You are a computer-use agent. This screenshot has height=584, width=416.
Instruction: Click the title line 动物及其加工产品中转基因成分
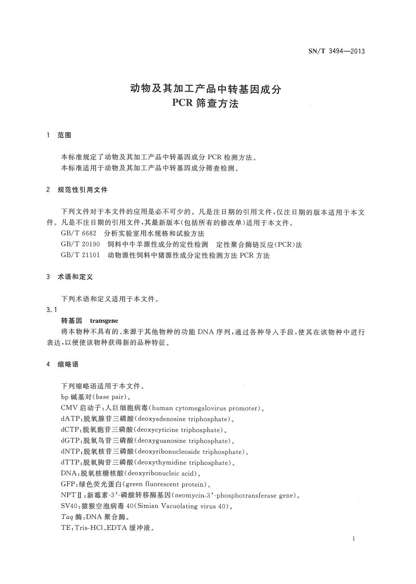click(205, 88)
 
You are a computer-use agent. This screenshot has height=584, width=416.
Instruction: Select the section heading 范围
click(64, 136)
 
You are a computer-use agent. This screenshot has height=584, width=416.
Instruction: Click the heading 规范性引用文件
click(82, 190)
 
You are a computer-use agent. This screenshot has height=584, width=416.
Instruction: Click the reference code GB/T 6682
click(79, 234)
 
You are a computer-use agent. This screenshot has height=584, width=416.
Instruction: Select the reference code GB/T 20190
click(80, 244)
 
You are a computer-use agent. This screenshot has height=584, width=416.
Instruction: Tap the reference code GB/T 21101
click(80, 255)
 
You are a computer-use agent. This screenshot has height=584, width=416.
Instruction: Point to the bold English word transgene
click(104, 321)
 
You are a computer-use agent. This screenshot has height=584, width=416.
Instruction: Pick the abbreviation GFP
click(68, 484)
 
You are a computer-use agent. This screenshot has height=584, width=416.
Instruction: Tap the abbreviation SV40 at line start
click(69, 506)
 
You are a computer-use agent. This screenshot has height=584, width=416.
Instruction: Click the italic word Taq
click(67, 517)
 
